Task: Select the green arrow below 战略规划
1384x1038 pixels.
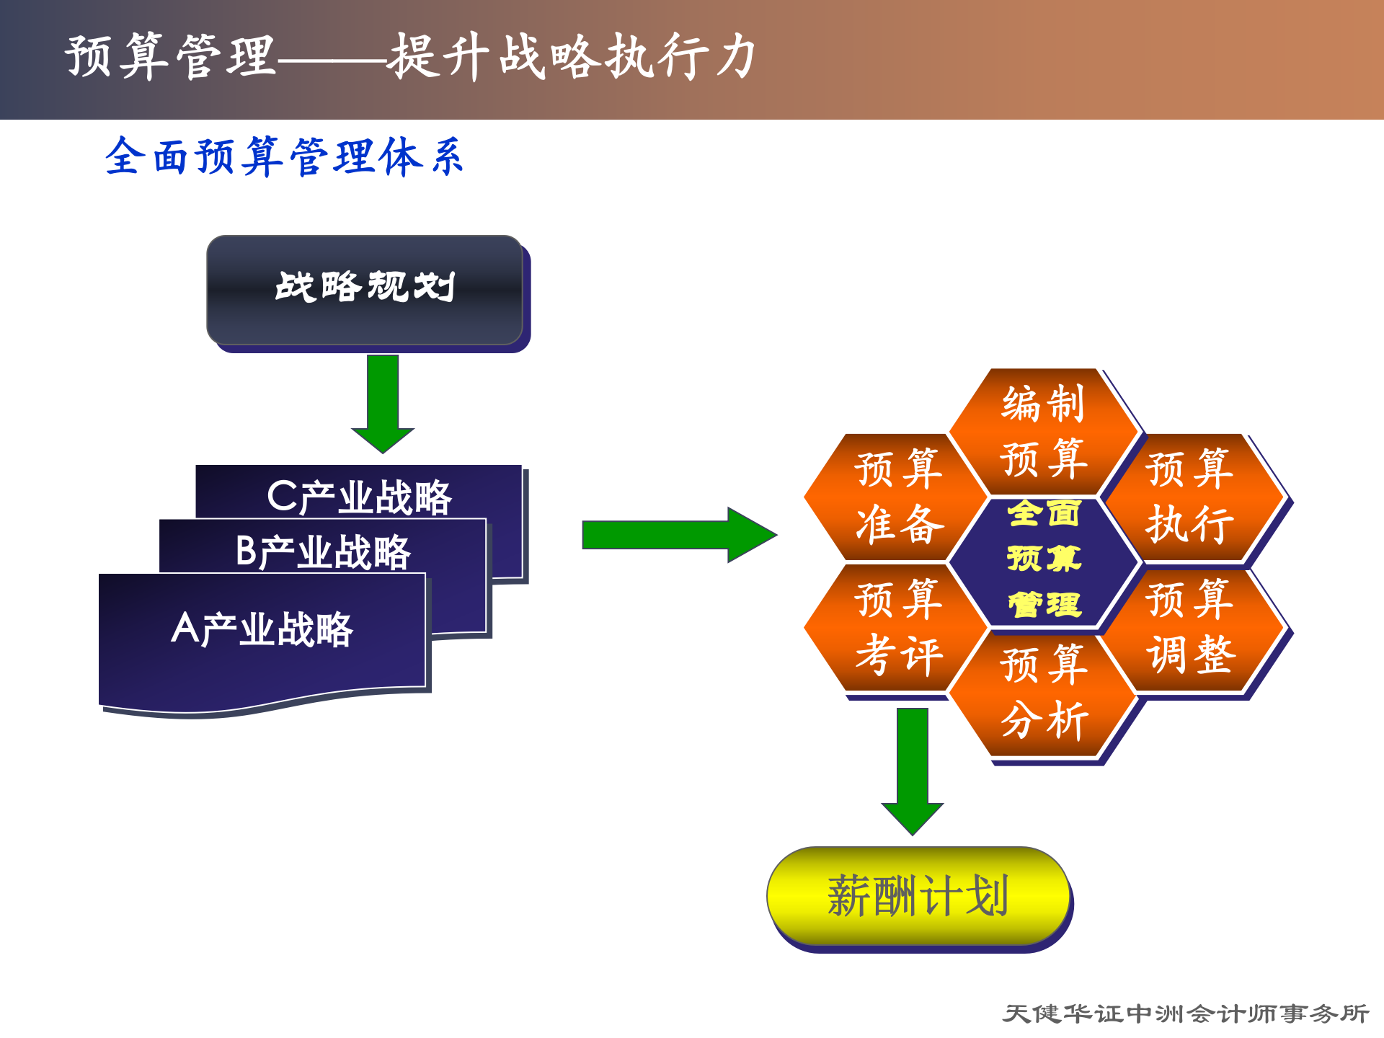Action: (x=383, y=404)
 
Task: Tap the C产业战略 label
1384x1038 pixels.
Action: (x=359, y=497)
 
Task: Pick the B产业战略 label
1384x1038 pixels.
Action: (x=323, y=551)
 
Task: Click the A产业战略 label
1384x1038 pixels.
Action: (x=262, y=629)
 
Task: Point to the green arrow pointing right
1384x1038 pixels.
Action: (x=678, y=535)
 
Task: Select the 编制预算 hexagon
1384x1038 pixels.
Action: (x=1043, y=431)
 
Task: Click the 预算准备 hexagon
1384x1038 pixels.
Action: (x=897, y=497)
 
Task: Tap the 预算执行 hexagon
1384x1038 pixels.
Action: (x=1190, y=497)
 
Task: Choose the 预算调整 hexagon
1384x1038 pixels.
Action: (x=1190, y=627)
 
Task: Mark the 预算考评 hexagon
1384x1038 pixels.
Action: (x=897, y=627)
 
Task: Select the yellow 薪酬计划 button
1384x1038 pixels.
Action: (x=918, y=896)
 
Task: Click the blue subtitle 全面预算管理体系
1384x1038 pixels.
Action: (x=284, y=156)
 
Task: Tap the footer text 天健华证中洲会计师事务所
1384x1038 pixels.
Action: (x=1185, y=1013)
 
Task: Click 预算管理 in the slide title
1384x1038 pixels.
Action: (x=170, y=56)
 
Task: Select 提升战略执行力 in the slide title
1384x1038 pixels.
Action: (x=572, y=56)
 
